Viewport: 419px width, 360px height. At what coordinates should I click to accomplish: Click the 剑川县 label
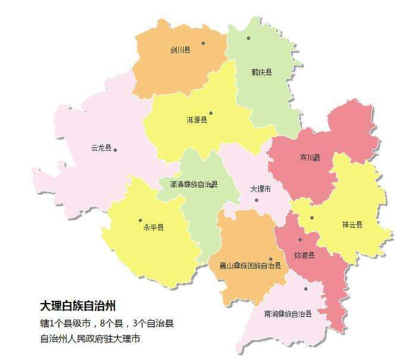180,50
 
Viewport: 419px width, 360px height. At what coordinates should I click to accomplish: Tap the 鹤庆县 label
261,73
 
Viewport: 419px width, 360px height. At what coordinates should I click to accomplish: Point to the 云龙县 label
100,148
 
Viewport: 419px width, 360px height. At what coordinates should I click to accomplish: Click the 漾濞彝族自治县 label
189,184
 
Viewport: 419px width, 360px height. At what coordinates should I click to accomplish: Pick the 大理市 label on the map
260,188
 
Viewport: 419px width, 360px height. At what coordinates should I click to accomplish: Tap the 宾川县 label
310,157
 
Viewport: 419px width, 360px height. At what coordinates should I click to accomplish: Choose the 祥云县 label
352,225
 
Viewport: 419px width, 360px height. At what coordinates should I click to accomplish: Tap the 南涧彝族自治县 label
287,314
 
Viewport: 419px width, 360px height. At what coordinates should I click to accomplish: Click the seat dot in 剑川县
204,43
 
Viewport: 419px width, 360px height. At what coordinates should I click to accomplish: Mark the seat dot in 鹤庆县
249,38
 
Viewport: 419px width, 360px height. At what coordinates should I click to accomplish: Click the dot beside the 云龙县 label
115,150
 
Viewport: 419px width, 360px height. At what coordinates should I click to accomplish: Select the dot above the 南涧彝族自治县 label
305,289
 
